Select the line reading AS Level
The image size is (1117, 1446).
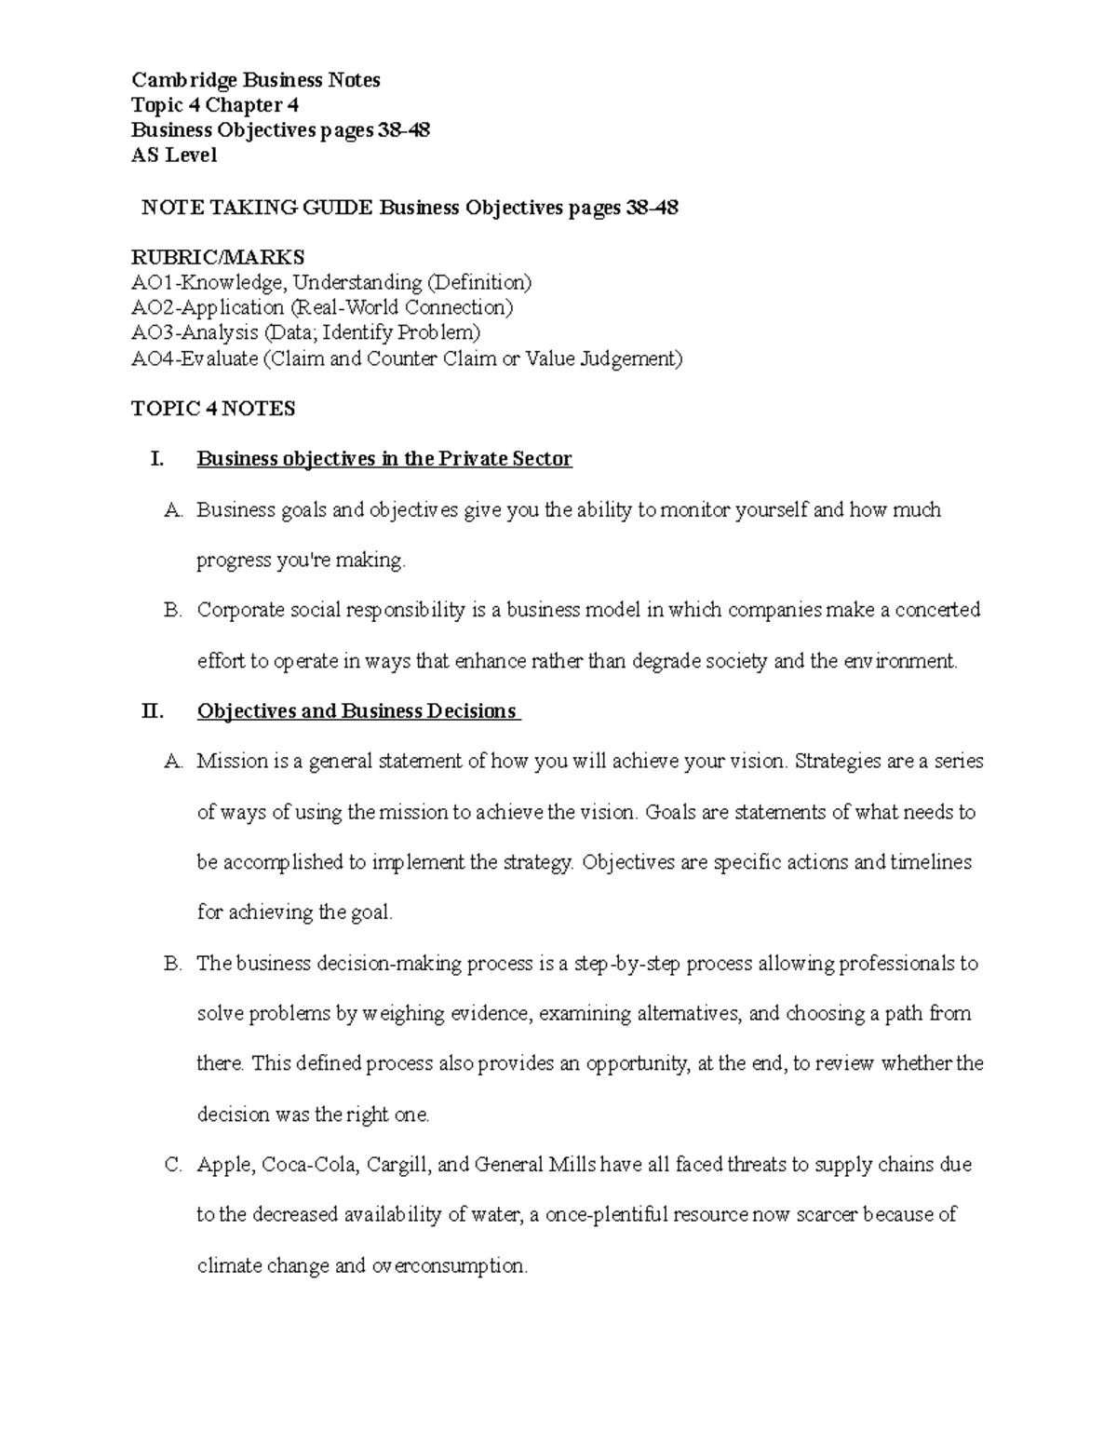pos(174,155)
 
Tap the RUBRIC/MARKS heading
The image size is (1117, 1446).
pos(218,257)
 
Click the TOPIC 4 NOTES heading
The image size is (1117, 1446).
pos(213,409)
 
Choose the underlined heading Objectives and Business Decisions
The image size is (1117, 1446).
pos(357,711)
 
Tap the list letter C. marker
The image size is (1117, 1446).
pos(172,1165)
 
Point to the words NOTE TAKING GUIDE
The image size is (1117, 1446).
pos(257,208)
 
